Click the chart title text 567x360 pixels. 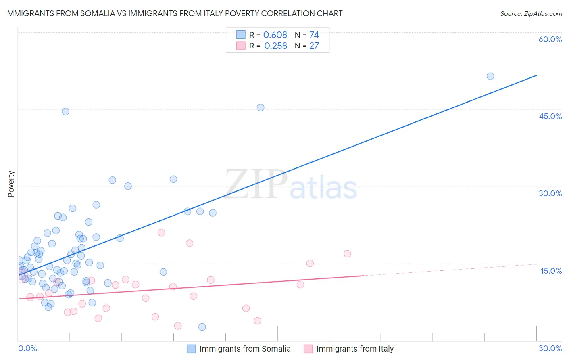click(174, 13)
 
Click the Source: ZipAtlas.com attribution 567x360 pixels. click(531, 13)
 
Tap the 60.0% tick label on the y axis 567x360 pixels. click(550, 39)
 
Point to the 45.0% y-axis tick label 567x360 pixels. click(550, 116)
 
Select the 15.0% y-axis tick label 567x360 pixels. click(551, 271)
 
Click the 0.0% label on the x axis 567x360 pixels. click(27, 348)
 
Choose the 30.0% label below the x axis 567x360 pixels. click(550, 348)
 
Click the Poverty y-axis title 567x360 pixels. click(11, 184)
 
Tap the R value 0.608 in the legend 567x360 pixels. click(275, 35)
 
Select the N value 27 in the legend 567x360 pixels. click(314, 46)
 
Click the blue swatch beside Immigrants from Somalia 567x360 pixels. click(191, 349)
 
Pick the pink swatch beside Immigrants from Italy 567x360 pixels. click(308, 349)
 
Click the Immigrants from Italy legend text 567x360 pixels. click(355, 349)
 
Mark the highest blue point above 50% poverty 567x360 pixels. click(490, 76)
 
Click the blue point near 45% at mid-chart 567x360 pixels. click(261, 107)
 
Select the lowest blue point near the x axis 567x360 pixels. click(202, 327)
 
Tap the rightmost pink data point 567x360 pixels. click(347, 254)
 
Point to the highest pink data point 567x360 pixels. click(161, 232)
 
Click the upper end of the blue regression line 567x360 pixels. click(536, 75)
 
